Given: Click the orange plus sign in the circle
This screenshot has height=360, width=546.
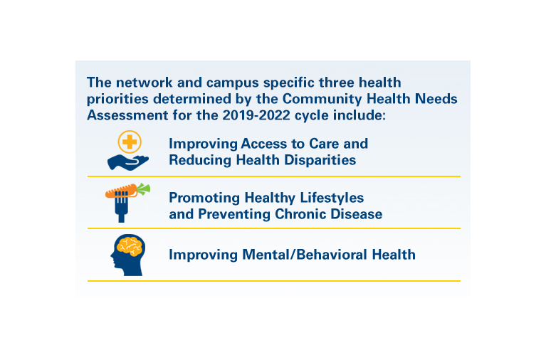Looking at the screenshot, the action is (130, 142).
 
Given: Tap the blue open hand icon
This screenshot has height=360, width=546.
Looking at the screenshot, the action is (128, 163).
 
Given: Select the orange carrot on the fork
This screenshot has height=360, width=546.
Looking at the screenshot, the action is (121, 191).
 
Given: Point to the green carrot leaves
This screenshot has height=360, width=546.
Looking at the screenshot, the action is (144, 189).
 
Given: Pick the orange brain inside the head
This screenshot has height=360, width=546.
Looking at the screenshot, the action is (130, 246).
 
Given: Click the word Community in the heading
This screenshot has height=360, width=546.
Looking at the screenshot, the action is (322, 99).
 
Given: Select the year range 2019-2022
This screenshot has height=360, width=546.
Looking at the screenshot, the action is (256, 115).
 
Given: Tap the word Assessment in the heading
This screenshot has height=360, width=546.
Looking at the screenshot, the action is (127, 115).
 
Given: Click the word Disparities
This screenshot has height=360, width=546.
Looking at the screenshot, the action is (320, 160).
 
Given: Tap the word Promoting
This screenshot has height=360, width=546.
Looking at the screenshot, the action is (204, 198).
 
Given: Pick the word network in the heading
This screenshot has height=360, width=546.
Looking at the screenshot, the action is (145, 83).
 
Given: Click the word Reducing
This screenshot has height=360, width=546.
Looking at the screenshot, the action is (200, 160).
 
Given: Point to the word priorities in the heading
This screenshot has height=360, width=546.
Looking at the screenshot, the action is (117, 99).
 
